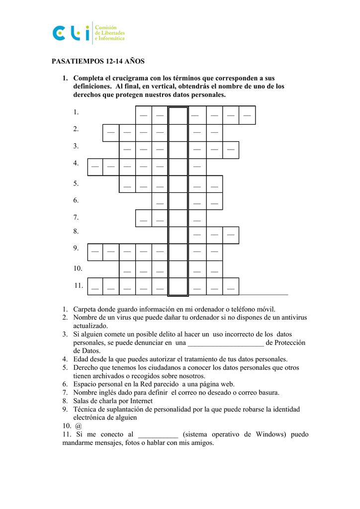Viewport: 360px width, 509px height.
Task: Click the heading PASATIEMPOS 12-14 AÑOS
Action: pyautogui.click(x=98, y=62)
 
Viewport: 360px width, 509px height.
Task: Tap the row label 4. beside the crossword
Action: pyautogui.click(x=76, y=163)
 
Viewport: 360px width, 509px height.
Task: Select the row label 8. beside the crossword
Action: pyautogui.click(x=76, y=231)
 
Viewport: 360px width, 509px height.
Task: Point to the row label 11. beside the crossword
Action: pyautogui.click(x=79, y=285)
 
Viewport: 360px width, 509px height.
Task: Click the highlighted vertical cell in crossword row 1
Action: pyautogui.click(x=178, y=115)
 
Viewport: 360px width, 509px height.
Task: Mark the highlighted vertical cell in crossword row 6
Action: pyautogui.click(x=178, y=201)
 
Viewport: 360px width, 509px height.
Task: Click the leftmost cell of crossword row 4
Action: pyautogui.click(x=95, y=167)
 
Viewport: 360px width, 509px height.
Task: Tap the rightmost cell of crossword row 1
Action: pyautogui.click(x=247, y=115)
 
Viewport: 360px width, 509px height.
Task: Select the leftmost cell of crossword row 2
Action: pyautogui.click(x=111, y=133)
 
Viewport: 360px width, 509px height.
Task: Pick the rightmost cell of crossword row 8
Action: pyautogui.click(x=231, y=235)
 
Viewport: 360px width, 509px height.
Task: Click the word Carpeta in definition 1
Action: pyautogui.click(x=85, y=309)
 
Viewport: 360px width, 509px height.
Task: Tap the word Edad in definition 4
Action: pyautogui.click(x=82, y=359)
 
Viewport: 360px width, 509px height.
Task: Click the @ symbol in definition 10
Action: pyautogui.click(x=79, y=426)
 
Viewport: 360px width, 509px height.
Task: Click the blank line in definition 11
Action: pyautogui.click(x=158, y=435)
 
